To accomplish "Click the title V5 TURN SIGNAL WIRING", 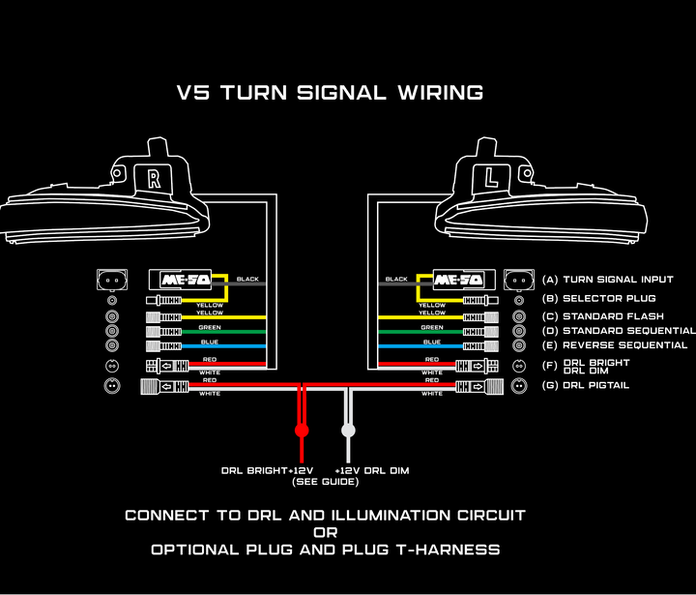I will click(330, 93).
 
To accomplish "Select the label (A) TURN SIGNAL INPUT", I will click(605, 280).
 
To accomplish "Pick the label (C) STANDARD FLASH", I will click(599, 316).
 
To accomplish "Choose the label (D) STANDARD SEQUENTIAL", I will click(617, 331).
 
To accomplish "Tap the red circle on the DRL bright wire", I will click(302, 429).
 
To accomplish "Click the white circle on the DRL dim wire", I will click(348, 429).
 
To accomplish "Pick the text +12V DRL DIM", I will click(371, 470).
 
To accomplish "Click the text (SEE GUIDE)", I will click(325, 482).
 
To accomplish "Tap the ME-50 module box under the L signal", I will click(457, 280).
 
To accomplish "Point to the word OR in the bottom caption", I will click(325, 532).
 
